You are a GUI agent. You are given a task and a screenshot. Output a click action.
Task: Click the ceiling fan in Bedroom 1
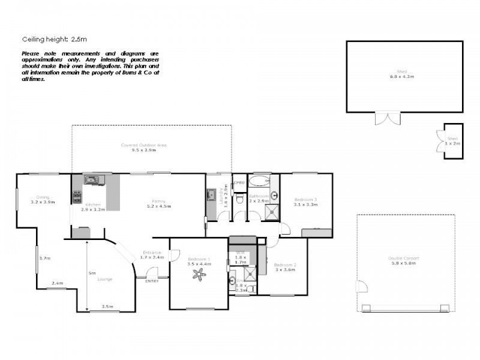(x=199, y=275)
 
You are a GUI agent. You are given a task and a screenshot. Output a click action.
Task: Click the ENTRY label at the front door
(x=152, y=281)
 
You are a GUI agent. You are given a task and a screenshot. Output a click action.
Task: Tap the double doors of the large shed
(x=386, y=118)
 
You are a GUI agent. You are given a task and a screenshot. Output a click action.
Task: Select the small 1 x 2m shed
(x=452, y=140)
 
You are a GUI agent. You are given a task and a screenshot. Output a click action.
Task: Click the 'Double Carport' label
(x=403, y=258)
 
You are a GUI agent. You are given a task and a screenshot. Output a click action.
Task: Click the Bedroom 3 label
(x=305, y=199)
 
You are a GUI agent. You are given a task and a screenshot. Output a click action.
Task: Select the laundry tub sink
(x=212, y=194)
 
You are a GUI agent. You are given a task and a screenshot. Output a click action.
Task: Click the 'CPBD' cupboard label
(x=238, y=182)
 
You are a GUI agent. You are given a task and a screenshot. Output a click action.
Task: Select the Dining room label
(x=42, y=197)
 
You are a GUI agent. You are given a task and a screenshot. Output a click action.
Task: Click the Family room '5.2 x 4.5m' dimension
(x=159, y=206)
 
